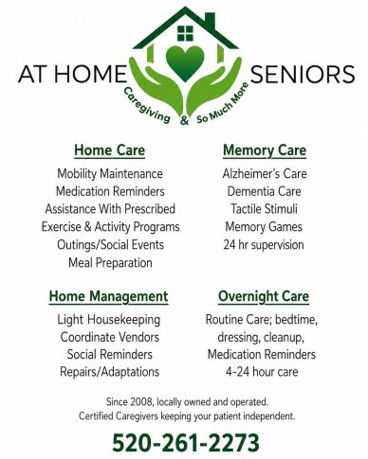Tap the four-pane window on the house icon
click(x=185, y=33)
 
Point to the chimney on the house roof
click(x=211, y=21)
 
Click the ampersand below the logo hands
click(x=184, y=120)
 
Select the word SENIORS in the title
click(x=303, y=75)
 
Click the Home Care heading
click(x=110, y=150)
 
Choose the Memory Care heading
click(x=265, y=150)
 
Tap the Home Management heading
click(x=108, y=297)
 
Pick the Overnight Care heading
click(x=264, y=297)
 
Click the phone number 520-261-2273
click(x=186, y=443)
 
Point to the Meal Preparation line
click(x=110, y=263)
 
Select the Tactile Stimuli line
click(x=264, y=209)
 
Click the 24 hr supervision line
click(x=264, y=245)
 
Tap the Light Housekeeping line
click(x=109, y=320)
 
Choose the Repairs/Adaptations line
click(x=109, y=372)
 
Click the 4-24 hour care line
click(x=262, y=372)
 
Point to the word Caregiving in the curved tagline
click(x=146, y=105)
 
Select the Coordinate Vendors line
click(x=110, y=337)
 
